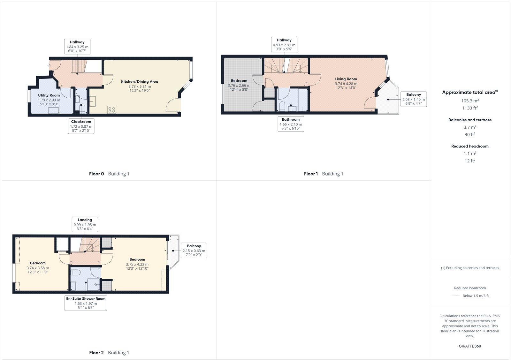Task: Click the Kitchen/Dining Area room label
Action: pyautogui.click(x=140, y=82)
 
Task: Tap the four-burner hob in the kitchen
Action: pyautogui.click(x=112, y=109)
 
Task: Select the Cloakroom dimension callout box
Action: pyautogui.click(x=81, y=126)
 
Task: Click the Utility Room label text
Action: pyautogui.click(x=49, y=95)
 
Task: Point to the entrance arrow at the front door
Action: pyautogui.click(x=49, y=65)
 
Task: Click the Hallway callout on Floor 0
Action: pyautogui.click(x=77, y=47)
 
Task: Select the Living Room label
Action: pyautogui.click(x=346, y=79)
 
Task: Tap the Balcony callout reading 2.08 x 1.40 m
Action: pyautogui.click(x=414, y=99)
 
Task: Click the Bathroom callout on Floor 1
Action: pyautogui.click(x=291, y=124)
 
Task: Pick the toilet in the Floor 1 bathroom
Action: pyautogui.click(x=282, y=106)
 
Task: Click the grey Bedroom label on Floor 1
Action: pyautogui.click(x=239, y=81)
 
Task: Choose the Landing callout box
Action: pyautogui.click(x=85, y=225)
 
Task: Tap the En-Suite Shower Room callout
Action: pyautogui.click(x=86, y=303)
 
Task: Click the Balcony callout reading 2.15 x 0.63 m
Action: pyautogui.click(x=194, y=251)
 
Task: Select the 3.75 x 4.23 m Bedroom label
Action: pyautogui.click(x=137, y=259)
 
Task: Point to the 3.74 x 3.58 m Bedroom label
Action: pyautogui.click(x=38, y=263)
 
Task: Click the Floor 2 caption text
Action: pyautogui.click(x=96, y=353)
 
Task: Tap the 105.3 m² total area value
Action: pyautogui.click(x=470, y=101)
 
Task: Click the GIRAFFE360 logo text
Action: pyautogui.click(x=470, y=346)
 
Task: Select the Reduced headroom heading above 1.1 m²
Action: pyautogui.click(x=470, y=146)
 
